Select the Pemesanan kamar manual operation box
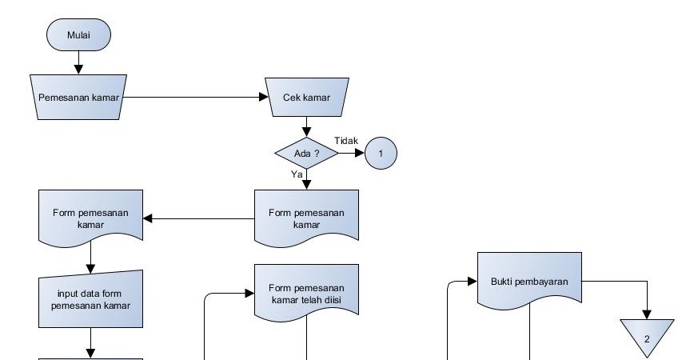[x=77, y=98]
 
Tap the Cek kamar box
[x=306, y=98]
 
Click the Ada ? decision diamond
[x=306, y=152]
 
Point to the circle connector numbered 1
[x=381, y=152]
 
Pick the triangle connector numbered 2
[x=648, y=334]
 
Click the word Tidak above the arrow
[x=345, y=140]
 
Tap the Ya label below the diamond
[x=297, y=173]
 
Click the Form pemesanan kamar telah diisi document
[x=306, y=293]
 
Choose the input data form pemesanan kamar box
[x=90, y=299]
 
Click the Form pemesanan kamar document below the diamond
[x=306, y=218]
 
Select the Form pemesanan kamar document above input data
[x=90, y=218]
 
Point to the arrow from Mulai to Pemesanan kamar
[x=78, y=61]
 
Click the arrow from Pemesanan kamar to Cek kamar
[x=196, y=98]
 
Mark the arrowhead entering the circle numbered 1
[x=360, y=152]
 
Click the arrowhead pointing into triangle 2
[x=648, y=313]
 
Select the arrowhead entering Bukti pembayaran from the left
[x=473, y=282]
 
